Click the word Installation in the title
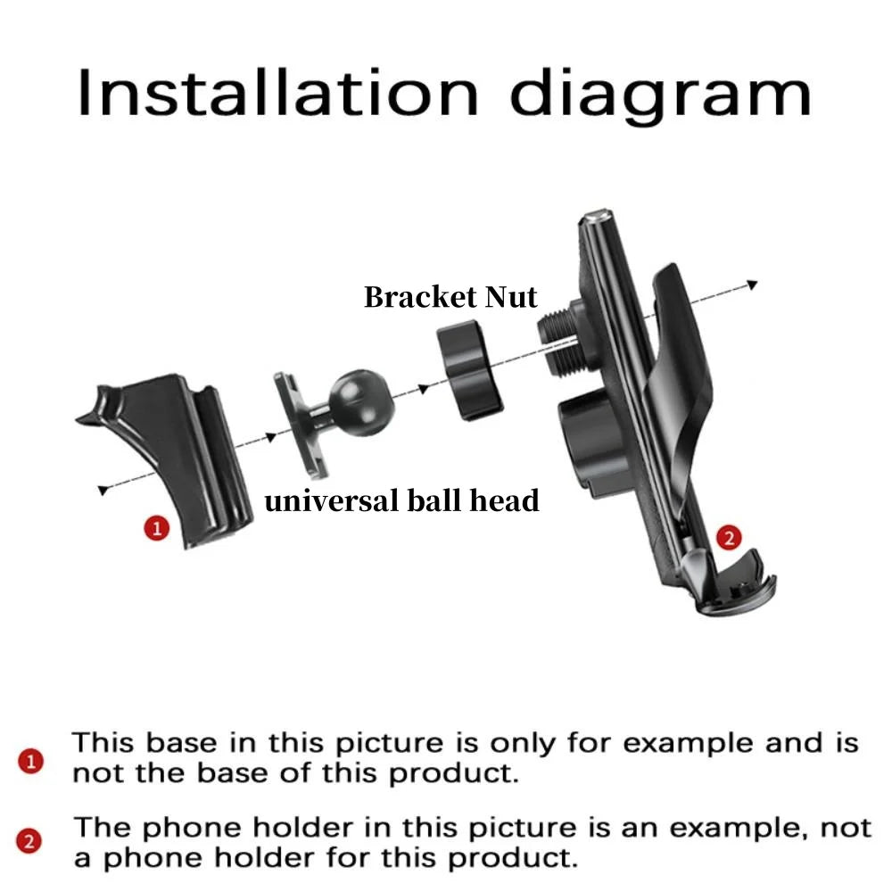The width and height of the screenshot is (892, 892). pyautogui.click(x=277, y=94)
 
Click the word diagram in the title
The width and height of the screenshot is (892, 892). pyautogui.click(x=660, y=96)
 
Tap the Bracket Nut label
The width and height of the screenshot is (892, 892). pyautogui.click(x=450, y=297)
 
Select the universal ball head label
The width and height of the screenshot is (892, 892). pyautogui.click(x=401, y=501)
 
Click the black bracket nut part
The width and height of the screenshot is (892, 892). pyautogui.click(x=470, y=370)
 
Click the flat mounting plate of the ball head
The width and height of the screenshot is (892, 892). pyautogui.click(x=300, y=425)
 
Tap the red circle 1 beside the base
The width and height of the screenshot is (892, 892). pyautogui.click(x=156, y=528)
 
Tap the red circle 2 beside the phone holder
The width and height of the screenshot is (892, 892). pyautogui.click(x=729, y=538)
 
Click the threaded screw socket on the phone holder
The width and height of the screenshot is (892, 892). pyautogui.click(x=561, y=339)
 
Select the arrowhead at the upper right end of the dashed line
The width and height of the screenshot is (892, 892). pyautogui.click(x=752, y=284)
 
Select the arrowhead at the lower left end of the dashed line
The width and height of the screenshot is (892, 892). pyautogui.click(x=103, y=490)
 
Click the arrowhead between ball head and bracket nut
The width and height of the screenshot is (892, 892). pyautogui.click(x=423, y=389)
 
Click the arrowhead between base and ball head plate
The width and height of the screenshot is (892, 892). pyautogui.click(x=271, y=437)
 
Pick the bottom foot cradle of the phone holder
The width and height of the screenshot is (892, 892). pyautogui.click(x=729, y=582)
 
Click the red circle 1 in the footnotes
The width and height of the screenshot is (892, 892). pyautogui.click(x=30, y=761)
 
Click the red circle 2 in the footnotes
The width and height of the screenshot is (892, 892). pyautogui.click(x=29, y=841)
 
